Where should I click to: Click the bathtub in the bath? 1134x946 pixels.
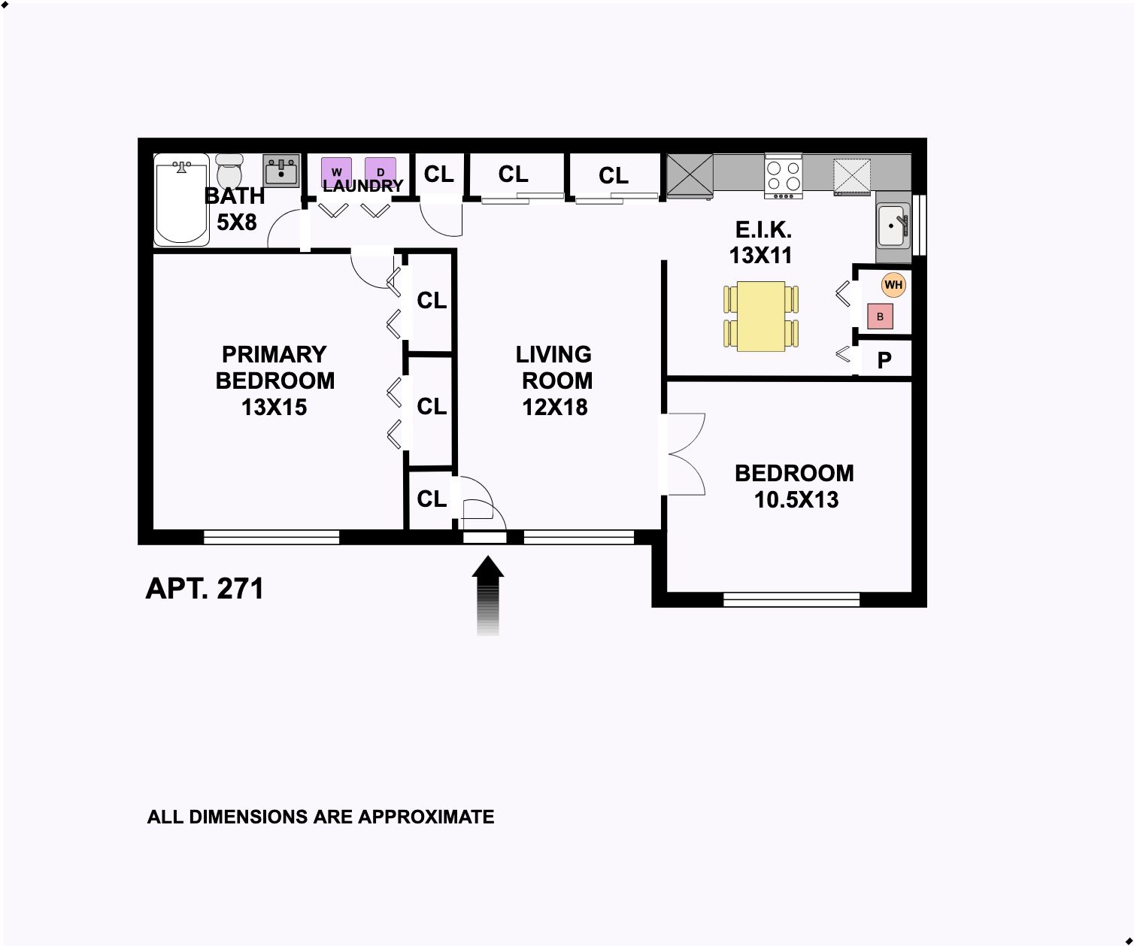point(181,200)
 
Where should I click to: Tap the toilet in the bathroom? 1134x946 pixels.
point(229,171)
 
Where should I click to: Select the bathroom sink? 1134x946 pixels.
point(280,171)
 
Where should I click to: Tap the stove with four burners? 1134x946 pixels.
point(783,176)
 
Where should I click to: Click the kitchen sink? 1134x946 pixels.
point(893,225)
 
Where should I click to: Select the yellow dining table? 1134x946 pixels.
point(761,316)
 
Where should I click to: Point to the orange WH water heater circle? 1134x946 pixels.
point(893,284)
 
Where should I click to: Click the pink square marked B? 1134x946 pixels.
point(880,316)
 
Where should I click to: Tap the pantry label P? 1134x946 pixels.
point(884,360)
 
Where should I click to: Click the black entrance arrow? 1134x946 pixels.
point(488,595)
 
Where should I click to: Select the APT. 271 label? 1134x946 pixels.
point(205,589)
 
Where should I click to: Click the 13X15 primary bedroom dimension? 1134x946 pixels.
point(274,408)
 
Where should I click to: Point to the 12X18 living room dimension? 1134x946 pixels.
point(554,408)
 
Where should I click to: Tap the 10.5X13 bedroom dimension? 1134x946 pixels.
point(796,499)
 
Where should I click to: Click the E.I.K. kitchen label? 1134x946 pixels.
point(763,229)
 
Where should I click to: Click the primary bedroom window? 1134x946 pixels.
point(271,537)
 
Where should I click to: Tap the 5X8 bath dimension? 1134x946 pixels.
point(237,222)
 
